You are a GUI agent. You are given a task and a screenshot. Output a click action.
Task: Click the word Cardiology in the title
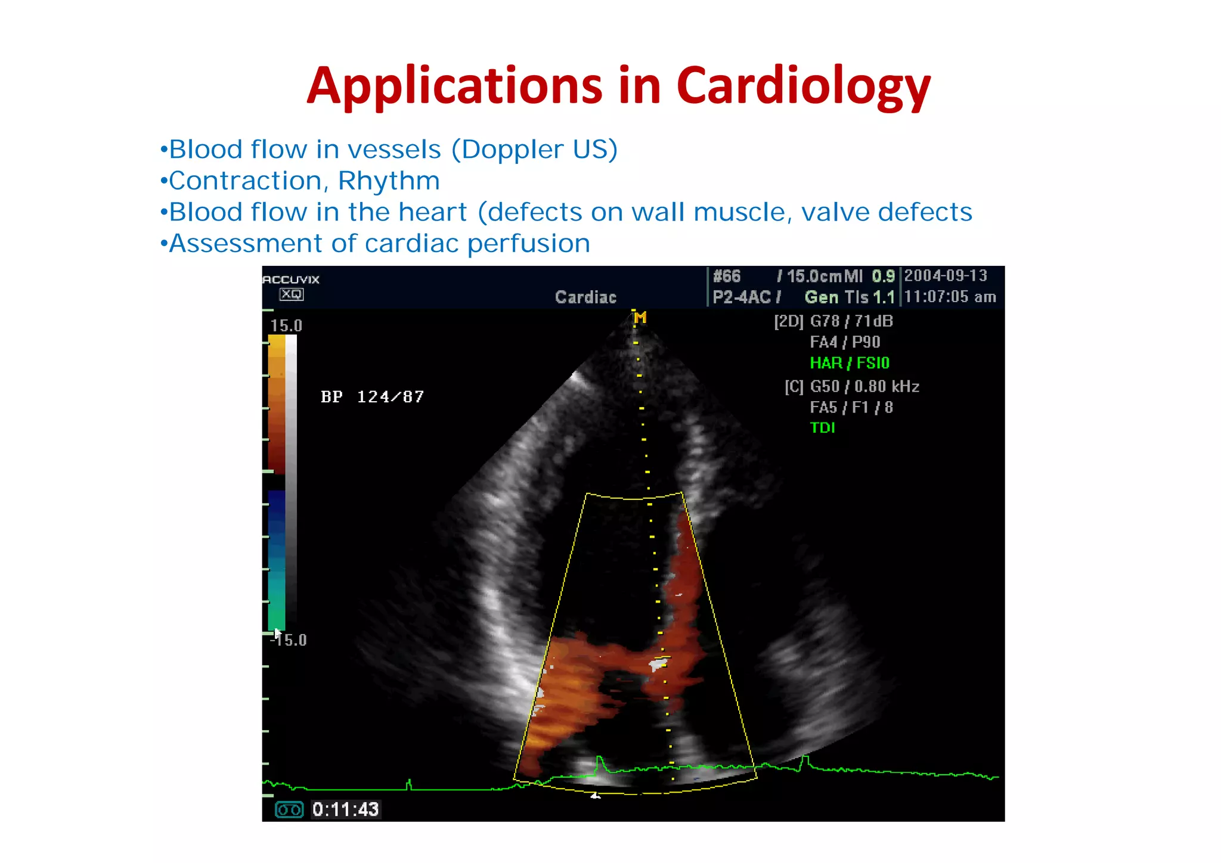pyautogui.click(x=802, y=86)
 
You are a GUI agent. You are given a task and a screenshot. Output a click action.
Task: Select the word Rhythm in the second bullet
pyautogui.click(x=389, y=181)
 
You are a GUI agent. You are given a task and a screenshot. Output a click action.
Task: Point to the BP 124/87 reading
pyautogui.click(x=372, y=397)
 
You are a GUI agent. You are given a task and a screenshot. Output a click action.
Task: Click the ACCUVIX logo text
pyautogui.click(x=292, y=280)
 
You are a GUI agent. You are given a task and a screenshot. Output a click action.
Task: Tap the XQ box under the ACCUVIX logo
pyautogui.click(x=292, y=294)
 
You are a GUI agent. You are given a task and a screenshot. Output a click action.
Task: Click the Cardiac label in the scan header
pyautogui.click(x=585, y=297)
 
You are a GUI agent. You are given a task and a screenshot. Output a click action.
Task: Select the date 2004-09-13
pyautogui.click(x=946, y=276)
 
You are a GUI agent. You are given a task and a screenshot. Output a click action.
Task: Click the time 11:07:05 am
pyautogui.click(x=950, y=297)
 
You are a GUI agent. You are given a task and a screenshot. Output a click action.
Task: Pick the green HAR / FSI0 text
pyautogui.click(x=849, y=363)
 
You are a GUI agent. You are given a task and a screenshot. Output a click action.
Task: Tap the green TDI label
pyautogui.click(x=822, y=428)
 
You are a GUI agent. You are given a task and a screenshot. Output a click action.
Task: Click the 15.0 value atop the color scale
pyautogui.click(x=286, y=326)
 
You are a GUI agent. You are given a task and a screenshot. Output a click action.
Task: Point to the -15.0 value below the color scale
pyautogui.click(x=289, y=641)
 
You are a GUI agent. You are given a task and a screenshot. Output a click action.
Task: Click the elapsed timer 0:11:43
pyautogui.click(x=345, y=809)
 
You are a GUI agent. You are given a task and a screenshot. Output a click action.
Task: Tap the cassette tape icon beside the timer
pyautogui.click(x=289, y=809)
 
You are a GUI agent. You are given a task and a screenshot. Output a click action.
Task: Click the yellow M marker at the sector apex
pyautogui.click(x=640, y=318)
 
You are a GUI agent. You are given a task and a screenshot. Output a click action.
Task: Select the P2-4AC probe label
pyautogui.click(x=742, y=297)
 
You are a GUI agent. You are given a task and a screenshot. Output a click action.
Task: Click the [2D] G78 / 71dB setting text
pyautogui.click(x=833, y=322)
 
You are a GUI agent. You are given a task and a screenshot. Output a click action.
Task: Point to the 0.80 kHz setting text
pyautogui.click(x=887, y=387)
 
